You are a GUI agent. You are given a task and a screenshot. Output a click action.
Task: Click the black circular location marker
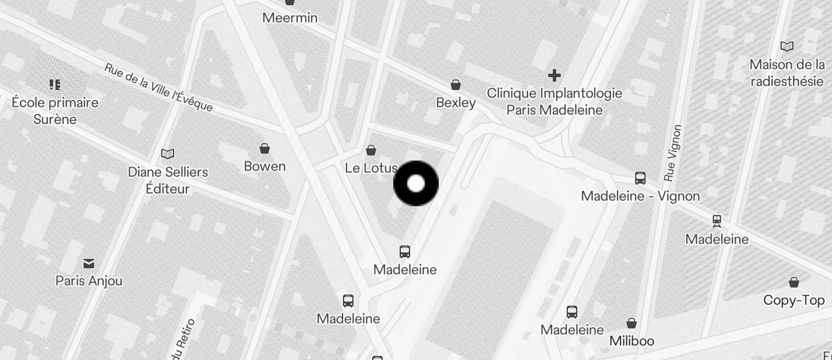(x=416, y=184)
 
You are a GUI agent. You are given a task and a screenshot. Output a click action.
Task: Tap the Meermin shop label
(x=290, y=18)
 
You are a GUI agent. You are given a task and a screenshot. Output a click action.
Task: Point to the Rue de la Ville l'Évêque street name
(x=158, y=88)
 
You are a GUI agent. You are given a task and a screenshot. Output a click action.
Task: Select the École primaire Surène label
(x=55, y=110)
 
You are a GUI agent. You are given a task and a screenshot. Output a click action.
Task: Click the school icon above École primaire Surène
(x=55, y=85)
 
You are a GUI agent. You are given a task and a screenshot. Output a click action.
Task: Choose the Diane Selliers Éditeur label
(x=168, y=180)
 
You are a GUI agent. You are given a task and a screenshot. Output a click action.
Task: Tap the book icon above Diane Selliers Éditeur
(x=168, y=154)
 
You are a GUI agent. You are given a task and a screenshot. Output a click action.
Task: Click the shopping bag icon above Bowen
(x=265, y=149)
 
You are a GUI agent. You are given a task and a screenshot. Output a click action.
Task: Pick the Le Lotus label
(x=371, y=168)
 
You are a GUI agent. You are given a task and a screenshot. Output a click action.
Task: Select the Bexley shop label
(x=456, y=103)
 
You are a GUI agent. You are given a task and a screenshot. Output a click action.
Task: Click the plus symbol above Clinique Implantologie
(x=554, y=75)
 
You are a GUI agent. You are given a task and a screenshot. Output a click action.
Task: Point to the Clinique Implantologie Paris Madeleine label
(x=554, y=101)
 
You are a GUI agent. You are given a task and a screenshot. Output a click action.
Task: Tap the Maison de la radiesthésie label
(x=787, y=72)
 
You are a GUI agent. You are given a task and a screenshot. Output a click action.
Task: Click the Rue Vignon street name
(x=673, y=153)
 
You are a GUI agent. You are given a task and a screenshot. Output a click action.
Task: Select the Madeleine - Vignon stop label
(x=640, y=196)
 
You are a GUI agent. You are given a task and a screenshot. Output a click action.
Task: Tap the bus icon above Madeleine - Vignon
(x=640, y=178)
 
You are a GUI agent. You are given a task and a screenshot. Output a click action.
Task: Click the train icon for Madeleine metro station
(x=717, y=221)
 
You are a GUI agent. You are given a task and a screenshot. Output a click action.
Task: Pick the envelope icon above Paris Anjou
(x=89, y=264)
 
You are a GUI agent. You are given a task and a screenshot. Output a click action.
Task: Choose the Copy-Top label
(x=793, y=300)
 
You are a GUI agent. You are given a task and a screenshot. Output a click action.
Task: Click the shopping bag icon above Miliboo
(x=632, y=323)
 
